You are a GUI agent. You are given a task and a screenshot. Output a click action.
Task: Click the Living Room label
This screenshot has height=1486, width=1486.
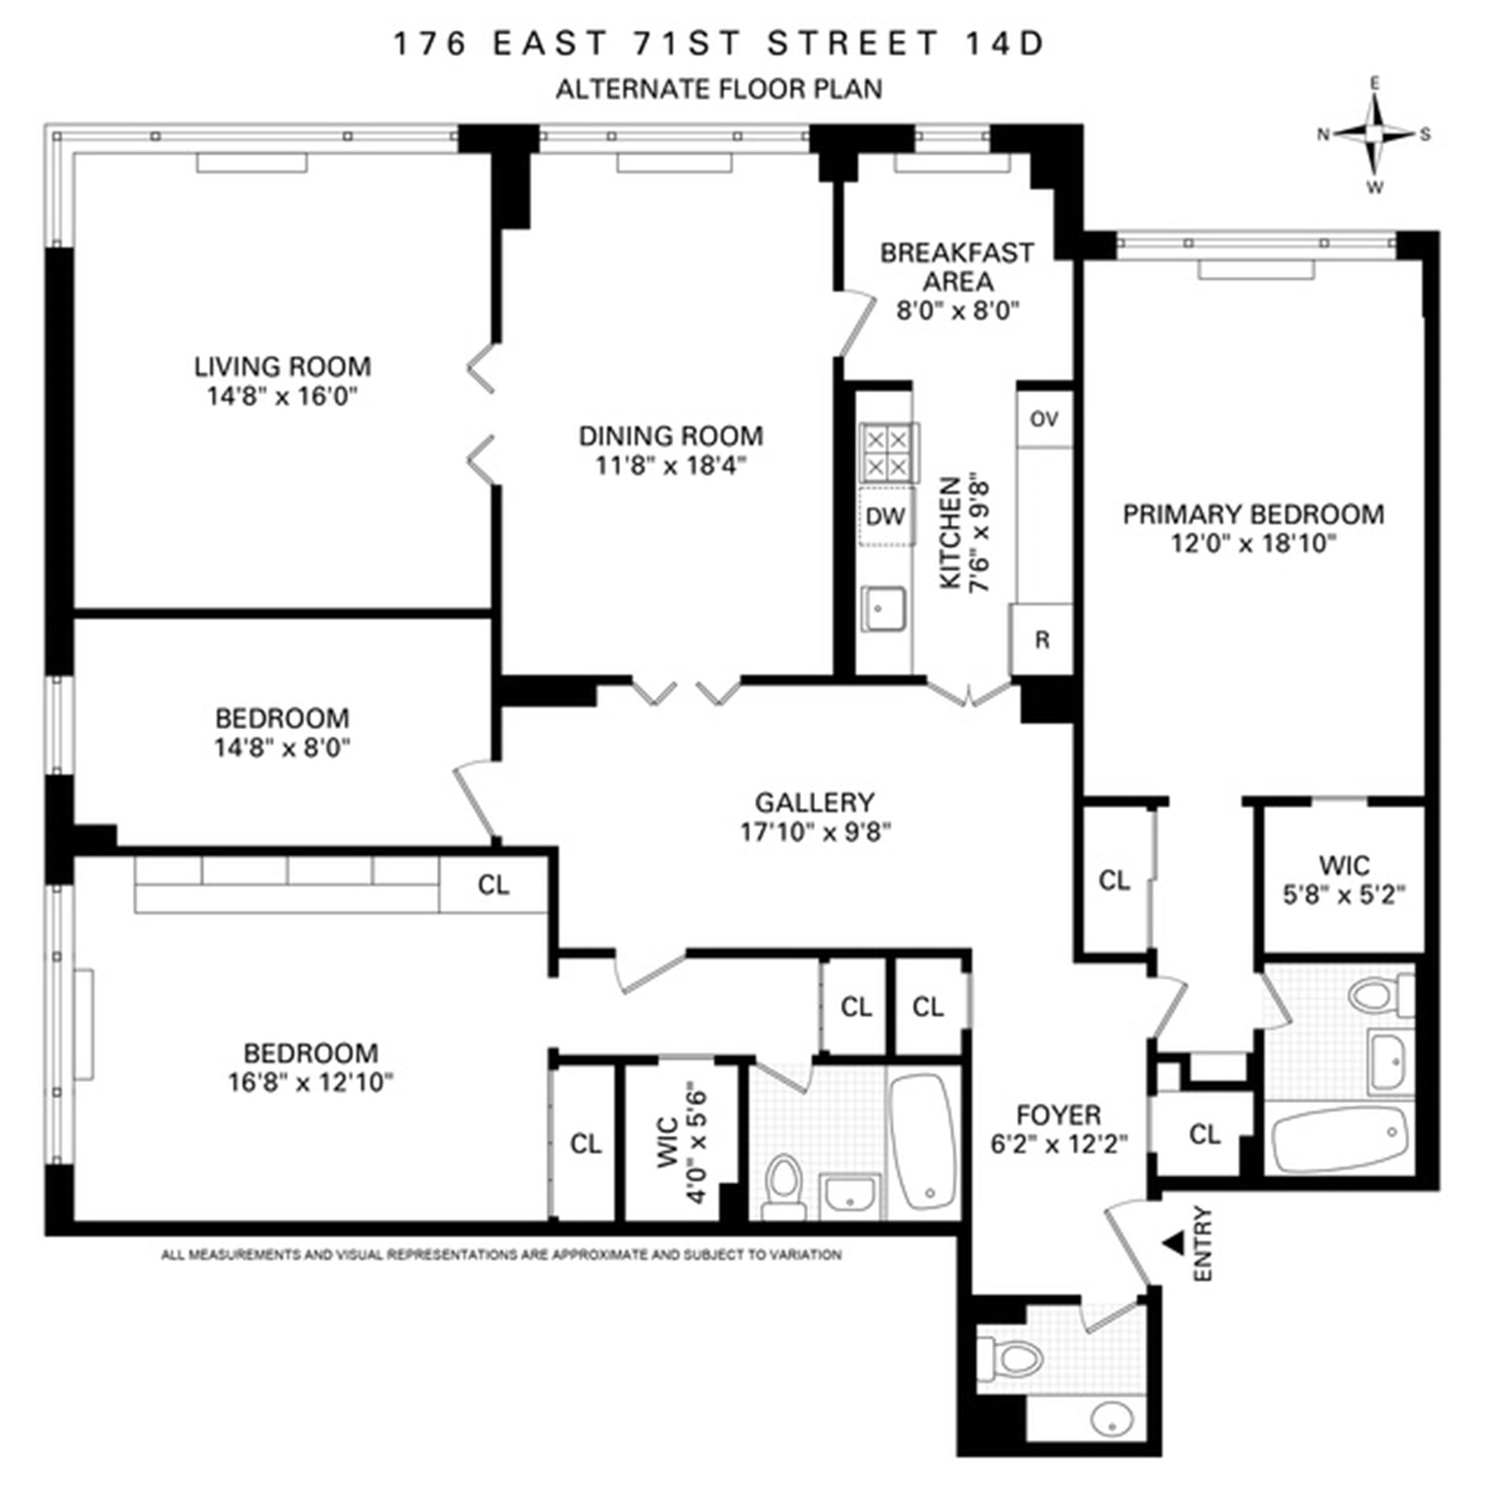(x=282, y=366)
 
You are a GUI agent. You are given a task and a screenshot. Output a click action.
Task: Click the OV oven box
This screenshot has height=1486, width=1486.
(x=1044, y=419)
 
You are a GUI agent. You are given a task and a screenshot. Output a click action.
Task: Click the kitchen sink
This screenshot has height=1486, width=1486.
(x=883, y=609)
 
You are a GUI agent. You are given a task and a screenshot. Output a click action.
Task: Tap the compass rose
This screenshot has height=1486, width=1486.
(x=1375, y=135)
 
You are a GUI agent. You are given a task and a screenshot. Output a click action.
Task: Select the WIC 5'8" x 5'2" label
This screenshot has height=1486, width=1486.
(x=1344, y=881)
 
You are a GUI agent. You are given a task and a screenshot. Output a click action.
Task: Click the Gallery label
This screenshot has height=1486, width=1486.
(x=814, y=802)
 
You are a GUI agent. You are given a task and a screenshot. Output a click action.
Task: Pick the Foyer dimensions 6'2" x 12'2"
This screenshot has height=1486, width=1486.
(x=1059, y=1145)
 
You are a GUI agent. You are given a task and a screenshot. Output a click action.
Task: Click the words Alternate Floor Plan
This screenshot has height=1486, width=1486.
(x=718, y=89)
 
